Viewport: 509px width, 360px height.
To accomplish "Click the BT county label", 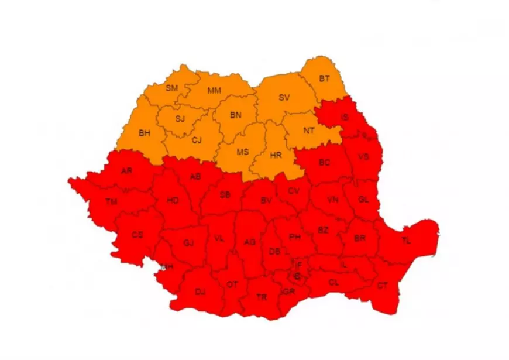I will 324,78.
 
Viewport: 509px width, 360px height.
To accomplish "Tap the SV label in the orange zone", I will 284,97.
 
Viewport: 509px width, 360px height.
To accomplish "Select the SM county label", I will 171,88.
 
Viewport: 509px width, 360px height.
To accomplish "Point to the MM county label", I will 214,91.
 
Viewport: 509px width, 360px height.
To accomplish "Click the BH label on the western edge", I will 145,133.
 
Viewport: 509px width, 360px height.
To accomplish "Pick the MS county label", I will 242,152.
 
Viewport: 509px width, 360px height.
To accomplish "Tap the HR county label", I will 276,155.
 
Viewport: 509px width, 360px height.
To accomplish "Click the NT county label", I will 309,131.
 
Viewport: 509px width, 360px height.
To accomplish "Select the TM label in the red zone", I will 111,201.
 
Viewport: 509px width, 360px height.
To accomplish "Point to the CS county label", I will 137,234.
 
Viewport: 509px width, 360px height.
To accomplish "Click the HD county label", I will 173,200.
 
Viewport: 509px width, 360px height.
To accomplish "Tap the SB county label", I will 225,195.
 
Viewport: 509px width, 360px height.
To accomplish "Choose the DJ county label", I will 200,291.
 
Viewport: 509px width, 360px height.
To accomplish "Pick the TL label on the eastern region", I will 406,241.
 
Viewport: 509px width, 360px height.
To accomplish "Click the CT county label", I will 382,286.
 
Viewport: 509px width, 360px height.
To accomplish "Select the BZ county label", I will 323,230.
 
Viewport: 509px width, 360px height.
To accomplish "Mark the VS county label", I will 363,157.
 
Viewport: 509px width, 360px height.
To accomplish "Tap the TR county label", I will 262,297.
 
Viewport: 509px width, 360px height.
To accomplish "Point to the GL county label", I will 363,199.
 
